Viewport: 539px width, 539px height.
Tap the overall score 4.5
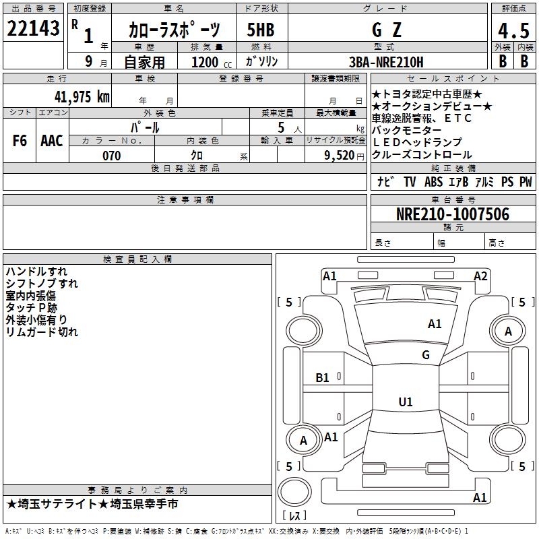513,30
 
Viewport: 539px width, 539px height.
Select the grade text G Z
386,30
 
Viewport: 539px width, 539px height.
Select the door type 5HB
260,30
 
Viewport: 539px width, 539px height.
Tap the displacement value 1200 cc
210,62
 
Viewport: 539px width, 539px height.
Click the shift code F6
20,141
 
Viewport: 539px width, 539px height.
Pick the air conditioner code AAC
51,141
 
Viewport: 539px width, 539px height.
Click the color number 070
112,156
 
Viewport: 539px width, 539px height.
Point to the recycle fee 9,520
339,156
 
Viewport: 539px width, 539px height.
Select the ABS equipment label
433,182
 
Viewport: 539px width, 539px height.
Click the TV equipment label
410,182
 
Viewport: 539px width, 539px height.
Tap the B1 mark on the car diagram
323,377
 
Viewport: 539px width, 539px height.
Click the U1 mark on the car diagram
405,402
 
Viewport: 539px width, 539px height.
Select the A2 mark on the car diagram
480,276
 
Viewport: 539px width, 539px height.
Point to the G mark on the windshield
425,354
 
